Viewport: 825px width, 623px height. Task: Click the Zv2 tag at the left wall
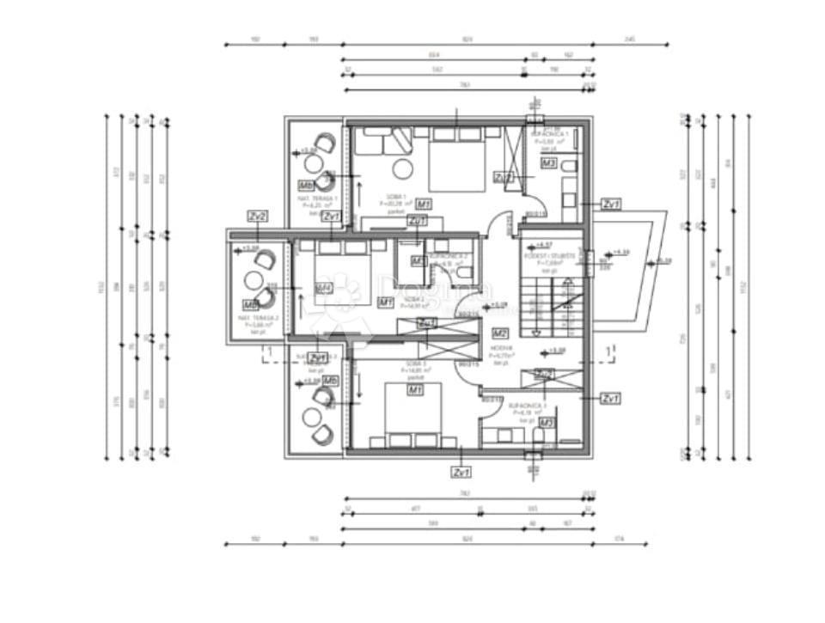pyautogui.click(x=257, y=216)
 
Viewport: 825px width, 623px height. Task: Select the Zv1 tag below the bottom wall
pyautogui.click(x=461, y=473)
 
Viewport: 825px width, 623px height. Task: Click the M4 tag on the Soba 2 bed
pyautogui.click(x=324, y=289)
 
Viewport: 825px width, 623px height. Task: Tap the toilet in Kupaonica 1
pyautogui.click(x=568, y=185)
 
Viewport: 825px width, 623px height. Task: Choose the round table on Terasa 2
pyautogui.click(x=254, y=280)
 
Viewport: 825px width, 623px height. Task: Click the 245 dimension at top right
pyautogui.click(x=629, y=40)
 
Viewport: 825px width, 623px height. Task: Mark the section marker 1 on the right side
pyautogui.click(x=608, y=351)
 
